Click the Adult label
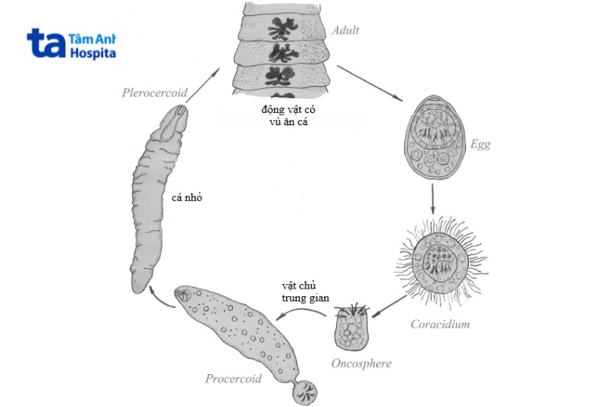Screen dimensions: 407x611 [x=345, y=31]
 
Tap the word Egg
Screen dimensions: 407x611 [x=480, y=144]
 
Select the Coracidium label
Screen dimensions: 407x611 [x=439, y=324]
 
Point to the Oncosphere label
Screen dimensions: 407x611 [x=361, y=363]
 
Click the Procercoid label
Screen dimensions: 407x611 [x=233, y=379]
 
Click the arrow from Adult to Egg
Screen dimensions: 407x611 [x=370, y=84]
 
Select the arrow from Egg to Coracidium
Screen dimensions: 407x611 [x=433, y=200]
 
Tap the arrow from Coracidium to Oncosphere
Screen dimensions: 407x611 [x=390, y=305]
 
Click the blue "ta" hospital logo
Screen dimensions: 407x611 [x=47, y=44]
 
